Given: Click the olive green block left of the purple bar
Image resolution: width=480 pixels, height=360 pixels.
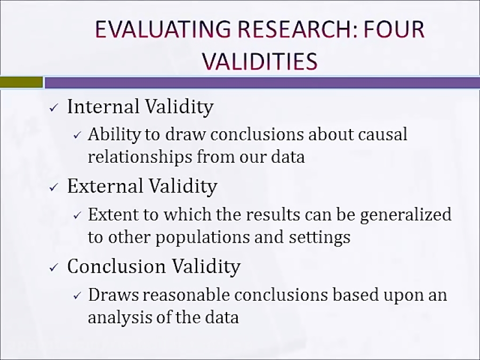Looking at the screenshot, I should [21, 82].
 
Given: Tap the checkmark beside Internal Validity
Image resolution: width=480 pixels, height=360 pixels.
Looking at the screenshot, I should [53, 108].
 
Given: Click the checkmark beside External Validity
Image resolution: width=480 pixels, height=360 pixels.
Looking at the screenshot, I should [53, 187].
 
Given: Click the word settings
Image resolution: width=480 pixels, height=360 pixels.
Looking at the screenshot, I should [318, 237].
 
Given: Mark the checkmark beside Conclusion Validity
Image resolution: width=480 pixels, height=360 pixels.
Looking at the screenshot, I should [53, 267].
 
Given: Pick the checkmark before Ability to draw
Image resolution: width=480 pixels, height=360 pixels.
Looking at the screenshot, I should [77, 135].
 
